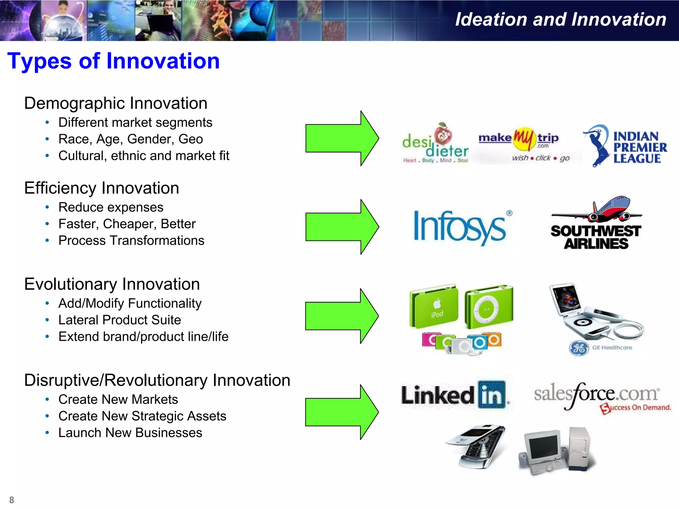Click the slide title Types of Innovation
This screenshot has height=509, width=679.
point(113,61)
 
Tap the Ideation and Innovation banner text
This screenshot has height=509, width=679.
point(560,20)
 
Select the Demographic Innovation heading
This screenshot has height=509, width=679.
point(116,103)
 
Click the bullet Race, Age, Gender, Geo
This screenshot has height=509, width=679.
point(131,139)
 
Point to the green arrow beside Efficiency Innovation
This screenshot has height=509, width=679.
point(341,227)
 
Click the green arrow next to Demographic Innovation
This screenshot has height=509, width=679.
point(341,138)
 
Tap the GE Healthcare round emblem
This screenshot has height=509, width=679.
point(579,348)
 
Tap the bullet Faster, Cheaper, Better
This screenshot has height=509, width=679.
point(127,224)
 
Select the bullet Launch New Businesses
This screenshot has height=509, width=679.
point(130,433)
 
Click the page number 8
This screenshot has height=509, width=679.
point(12,500)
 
